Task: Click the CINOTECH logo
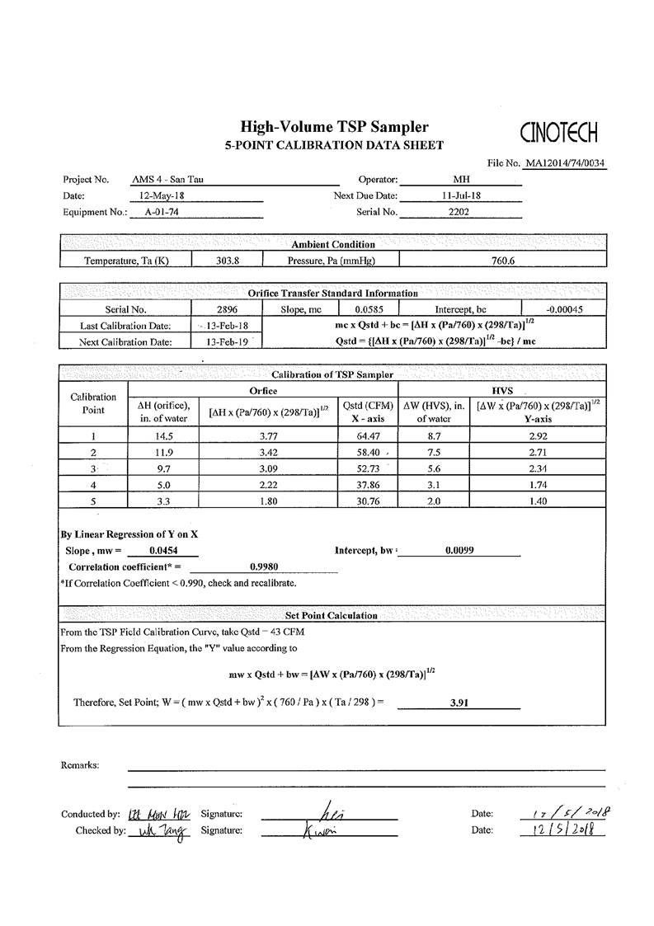click(559, 132)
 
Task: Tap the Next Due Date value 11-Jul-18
click(460, 195)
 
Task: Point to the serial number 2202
click(459, 212)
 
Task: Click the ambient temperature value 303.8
click(227, 261)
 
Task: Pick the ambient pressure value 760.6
click(501, 261)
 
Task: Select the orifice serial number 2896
click(227, 309)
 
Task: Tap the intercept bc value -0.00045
click(564, 309)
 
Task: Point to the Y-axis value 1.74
click(538, 485)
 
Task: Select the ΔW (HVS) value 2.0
click(433, 501)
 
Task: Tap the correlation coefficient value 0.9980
click(263, 566)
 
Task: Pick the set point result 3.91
click(459, 703)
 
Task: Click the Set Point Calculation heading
click(332, 615)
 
